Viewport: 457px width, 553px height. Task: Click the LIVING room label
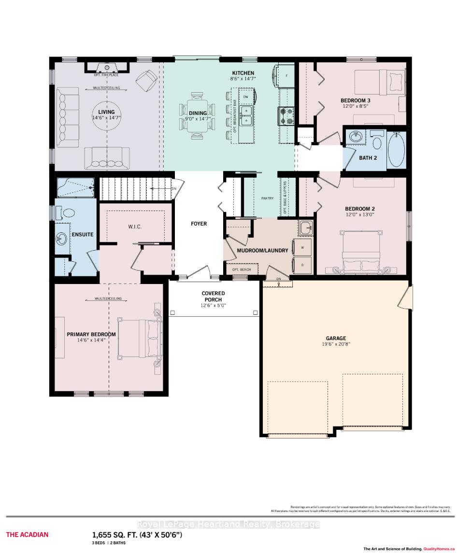pyautogui.click(x=106, y=112)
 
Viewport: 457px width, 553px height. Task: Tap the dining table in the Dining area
pyautogui.click(x=197, y=117)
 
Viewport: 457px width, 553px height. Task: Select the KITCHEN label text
pyautogui.click(x=242, y=73)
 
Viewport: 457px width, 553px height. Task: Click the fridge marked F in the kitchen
pyautogui.click(x=286, y=76)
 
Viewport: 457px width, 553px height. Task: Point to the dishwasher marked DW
pyautogui.click(x=245, y=97)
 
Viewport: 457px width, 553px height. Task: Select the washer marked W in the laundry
pyautogui.click(x=302, y=247)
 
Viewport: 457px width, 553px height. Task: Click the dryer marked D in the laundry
pyautogui.click(x=302, y=265)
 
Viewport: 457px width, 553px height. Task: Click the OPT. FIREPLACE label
pyautogui.click(x=106, y=75)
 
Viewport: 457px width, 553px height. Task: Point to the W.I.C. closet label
pyautogui.click(x=135, y=227)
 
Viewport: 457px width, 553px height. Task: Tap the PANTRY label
pyautogui.click(x=267, y=199)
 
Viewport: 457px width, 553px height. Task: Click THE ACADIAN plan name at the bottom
pyautogui.click(x=27, y=535)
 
